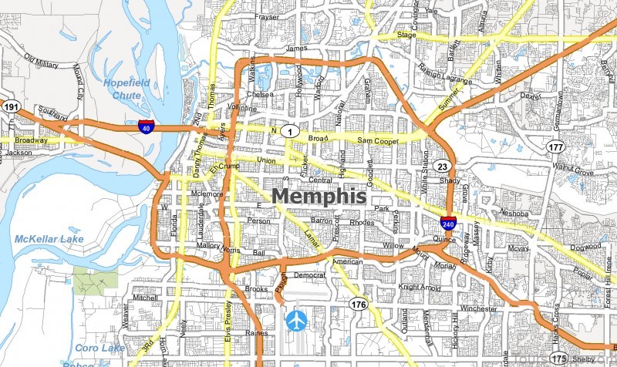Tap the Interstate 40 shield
145,128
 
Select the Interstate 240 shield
447,224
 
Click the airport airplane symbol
296,319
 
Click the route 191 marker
10,106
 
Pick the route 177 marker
556,146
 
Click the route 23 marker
441,167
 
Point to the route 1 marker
288,132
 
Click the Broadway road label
30,141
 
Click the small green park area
96,278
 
